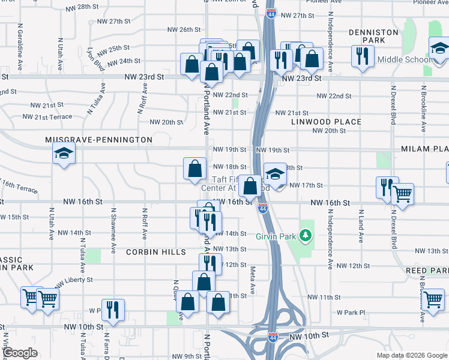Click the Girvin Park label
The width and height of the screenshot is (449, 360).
(x=276, y=236)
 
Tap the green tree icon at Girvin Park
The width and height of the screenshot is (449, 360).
(x=306, y=235)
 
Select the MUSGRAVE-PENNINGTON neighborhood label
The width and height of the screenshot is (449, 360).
(x=99, y=139)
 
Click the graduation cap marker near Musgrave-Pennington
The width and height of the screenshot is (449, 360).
(x=64, y=154)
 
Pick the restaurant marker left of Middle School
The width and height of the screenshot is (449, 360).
(x=362, y=57)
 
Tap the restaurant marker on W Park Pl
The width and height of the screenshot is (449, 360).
(x=112, y=310)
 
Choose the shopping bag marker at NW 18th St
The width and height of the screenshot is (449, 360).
(x=194, y=170)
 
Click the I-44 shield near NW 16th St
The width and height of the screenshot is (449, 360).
(x=263, y=208)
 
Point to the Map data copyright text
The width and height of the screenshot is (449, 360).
(x=411, y=355)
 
